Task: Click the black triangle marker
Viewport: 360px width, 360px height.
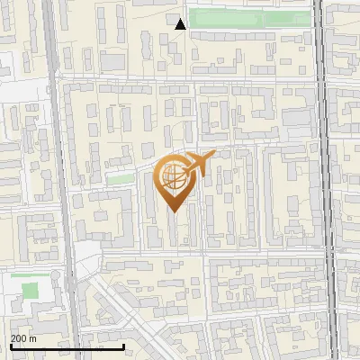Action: coord(180,24)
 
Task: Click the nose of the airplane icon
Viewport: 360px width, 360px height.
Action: coord(213,155)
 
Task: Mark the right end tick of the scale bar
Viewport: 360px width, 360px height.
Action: coord(123,345)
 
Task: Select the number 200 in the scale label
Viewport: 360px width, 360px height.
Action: coord(19,338)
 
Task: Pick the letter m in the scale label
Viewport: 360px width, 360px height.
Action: coord(33,338)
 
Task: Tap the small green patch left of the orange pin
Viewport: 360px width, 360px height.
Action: coord(120,179)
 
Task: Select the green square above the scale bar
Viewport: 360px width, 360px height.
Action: coord(31,291)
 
